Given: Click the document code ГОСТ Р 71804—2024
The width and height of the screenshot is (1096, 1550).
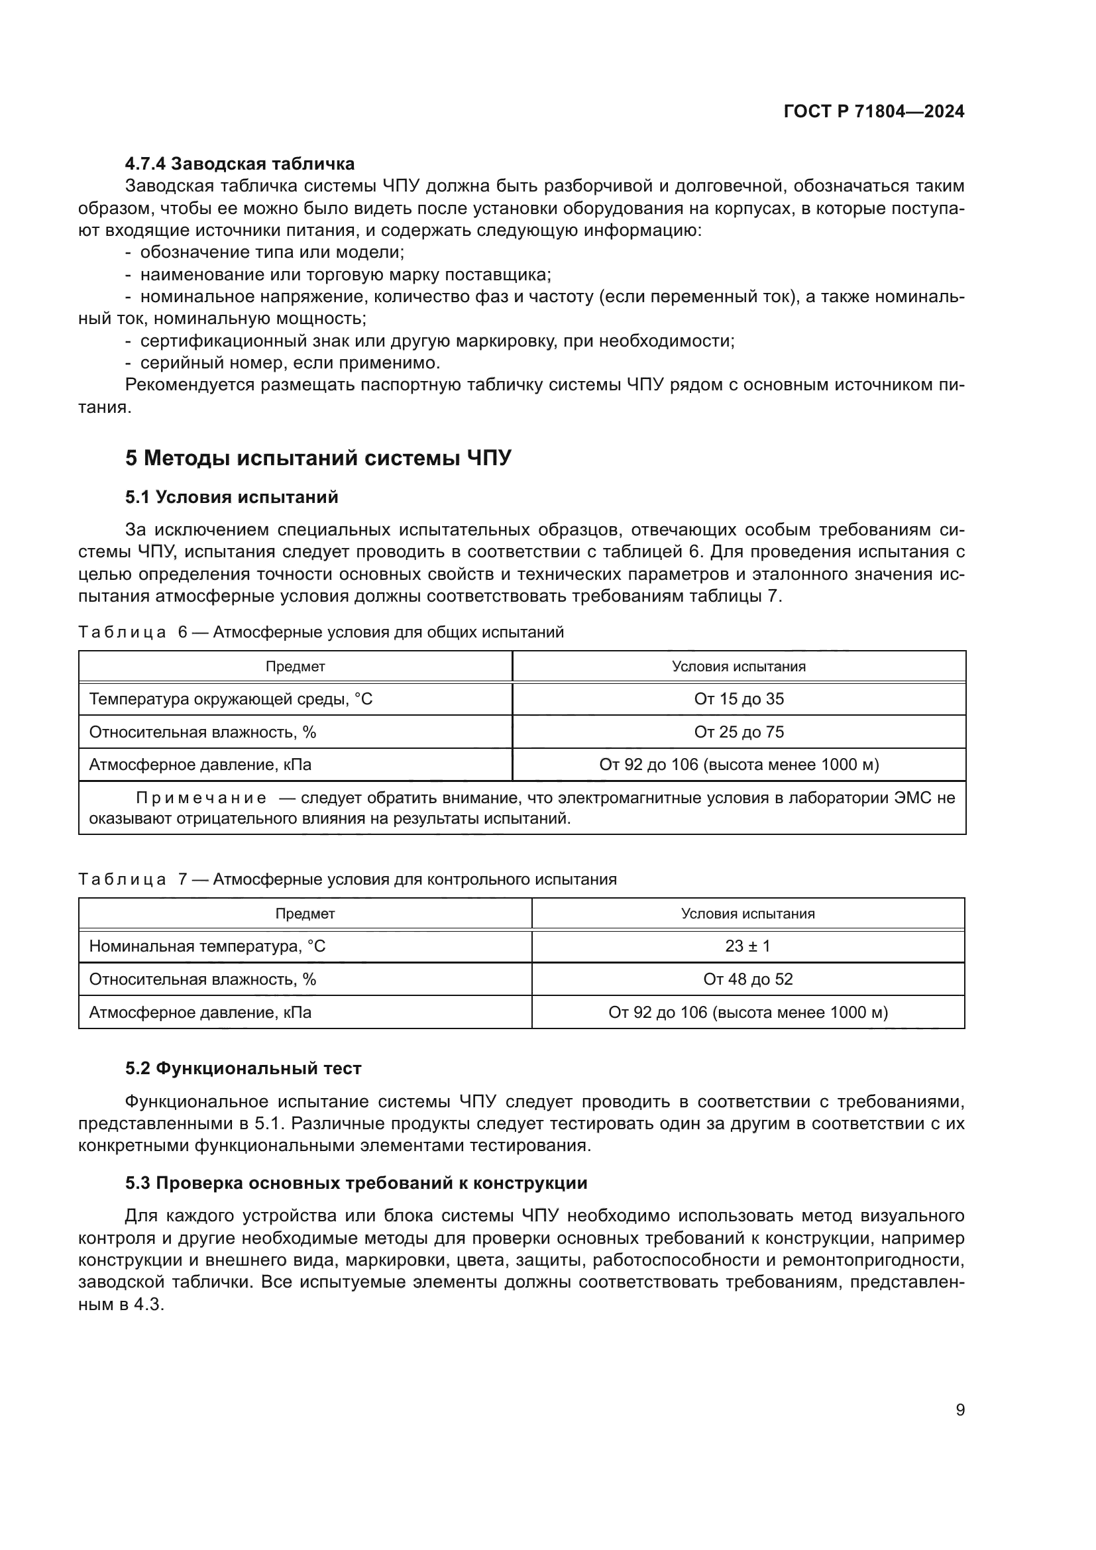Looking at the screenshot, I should (873, 111).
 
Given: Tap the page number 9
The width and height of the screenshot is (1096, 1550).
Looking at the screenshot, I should (960, 1410).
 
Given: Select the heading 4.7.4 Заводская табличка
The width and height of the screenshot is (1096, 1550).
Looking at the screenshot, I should (240, 164).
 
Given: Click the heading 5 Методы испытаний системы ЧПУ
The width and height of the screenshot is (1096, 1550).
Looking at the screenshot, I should (318, 459).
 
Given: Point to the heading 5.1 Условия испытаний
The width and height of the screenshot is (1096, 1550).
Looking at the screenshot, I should (231, 498).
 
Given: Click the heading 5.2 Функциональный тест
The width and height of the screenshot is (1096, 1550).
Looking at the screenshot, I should (243, 1068).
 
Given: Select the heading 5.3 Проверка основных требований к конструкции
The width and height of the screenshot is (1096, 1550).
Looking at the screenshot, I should (356, 1183).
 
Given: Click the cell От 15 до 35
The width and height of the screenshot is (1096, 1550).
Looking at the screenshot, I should (738, 698).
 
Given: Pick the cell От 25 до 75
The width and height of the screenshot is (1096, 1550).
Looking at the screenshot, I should (738, 732).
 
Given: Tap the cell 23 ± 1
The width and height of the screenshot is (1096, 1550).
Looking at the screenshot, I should (747, 946).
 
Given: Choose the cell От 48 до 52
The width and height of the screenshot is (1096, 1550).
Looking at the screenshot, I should (747, 979).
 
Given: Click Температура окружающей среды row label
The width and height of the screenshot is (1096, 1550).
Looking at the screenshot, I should (230, 698).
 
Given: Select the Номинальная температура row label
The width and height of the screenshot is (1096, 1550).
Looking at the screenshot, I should (207, 946).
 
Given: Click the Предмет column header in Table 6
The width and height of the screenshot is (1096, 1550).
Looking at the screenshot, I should (295, 666).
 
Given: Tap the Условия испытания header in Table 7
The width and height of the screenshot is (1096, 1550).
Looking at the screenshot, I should (747, 913).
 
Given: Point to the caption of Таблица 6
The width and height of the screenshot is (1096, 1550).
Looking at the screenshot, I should (321, 633).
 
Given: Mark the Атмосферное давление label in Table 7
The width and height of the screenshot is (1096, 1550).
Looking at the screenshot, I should (199, 1012).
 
